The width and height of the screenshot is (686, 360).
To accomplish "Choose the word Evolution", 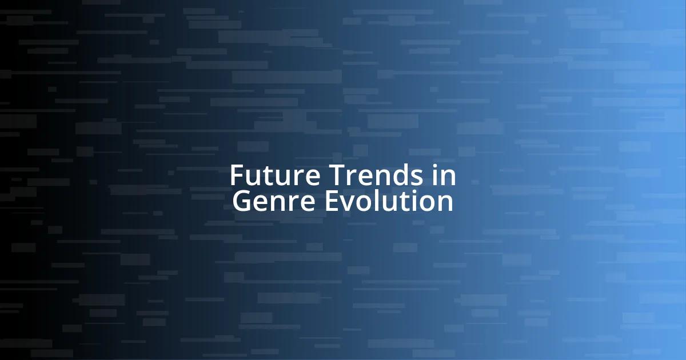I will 389,202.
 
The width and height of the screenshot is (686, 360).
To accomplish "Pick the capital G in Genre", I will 242,202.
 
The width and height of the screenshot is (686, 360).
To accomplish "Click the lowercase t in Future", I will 264,176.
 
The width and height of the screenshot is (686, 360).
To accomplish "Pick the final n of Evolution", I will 445,203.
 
